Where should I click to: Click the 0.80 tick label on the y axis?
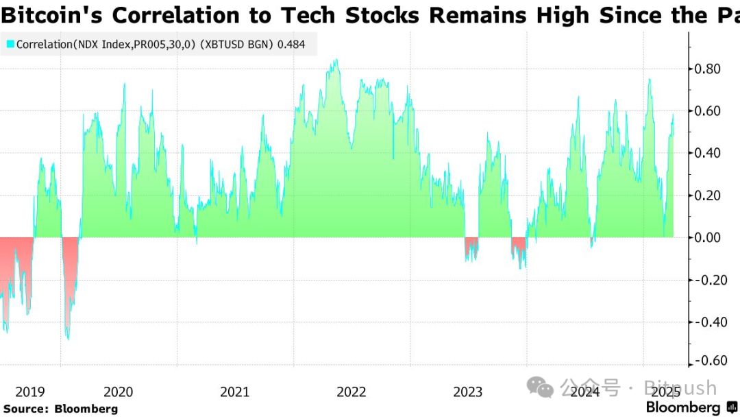pos(708,69)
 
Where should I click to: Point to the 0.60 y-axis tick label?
pos(708,111)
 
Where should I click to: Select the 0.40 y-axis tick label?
pos(708,153)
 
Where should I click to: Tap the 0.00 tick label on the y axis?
pos(708,237)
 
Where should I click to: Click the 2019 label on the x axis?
pos(29,392)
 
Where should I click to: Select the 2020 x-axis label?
pos(118,392)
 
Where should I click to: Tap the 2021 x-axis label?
pos(235,392)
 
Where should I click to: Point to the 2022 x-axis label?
pos(351,392)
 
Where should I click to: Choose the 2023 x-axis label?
pos(468,392)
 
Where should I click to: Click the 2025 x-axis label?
pos(664,392)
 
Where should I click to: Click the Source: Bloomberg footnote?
pos(60,409)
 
